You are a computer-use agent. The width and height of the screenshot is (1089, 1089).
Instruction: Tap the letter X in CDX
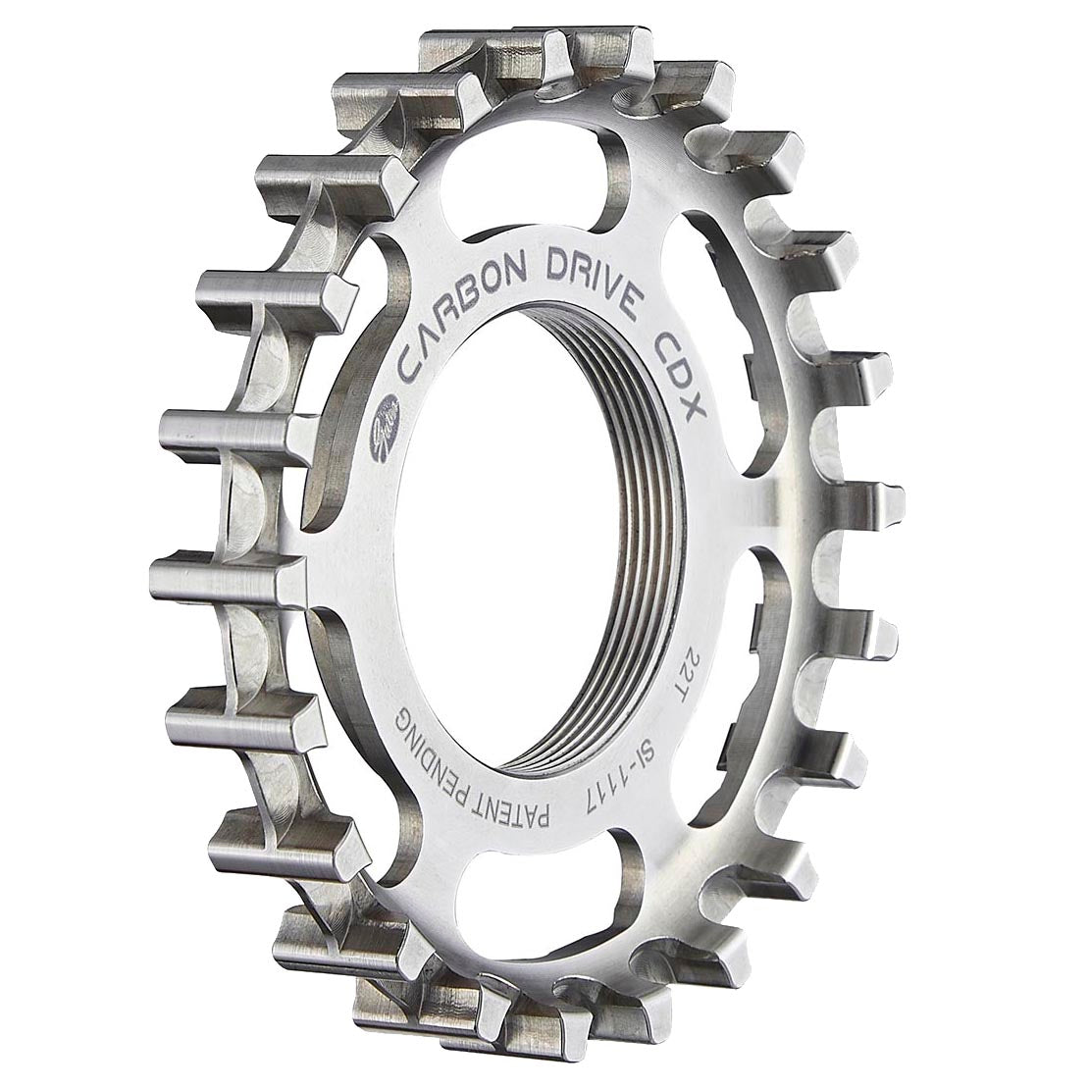[x=694, y=403]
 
